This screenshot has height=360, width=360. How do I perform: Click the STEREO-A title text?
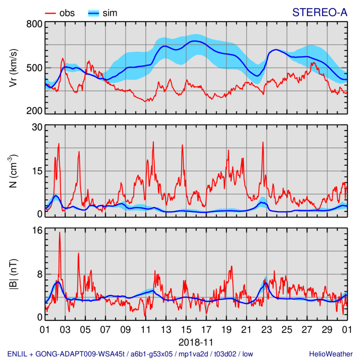click(x=319, y=13)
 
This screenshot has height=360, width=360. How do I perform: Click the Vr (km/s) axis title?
click(x=14, y=67)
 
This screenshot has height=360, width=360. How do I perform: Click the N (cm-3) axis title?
click(x=14, y=171)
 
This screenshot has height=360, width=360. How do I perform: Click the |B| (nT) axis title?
click(x=14, y=274)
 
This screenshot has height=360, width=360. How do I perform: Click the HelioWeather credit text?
click(x=328, y=353)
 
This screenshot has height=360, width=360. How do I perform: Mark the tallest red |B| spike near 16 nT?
click(x=59, y=233)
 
